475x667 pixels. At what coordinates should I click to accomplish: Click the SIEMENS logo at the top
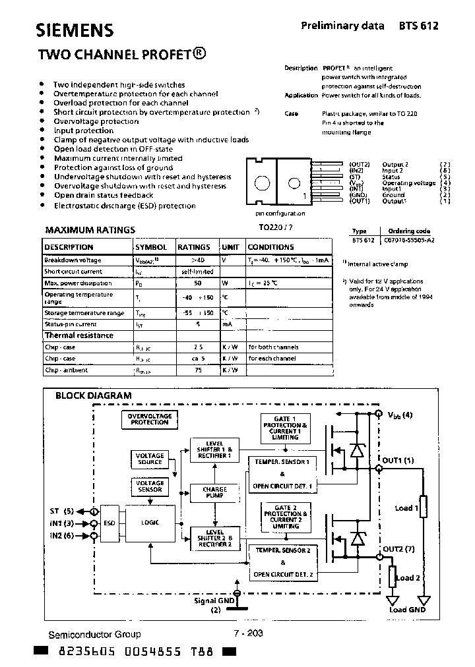(74, 30)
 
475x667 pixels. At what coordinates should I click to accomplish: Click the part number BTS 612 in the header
(418, 26)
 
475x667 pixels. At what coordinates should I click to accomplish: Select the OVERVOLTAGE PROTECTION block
(150, 419)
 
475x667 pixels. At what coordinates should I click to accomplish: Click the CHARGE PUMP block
(214, 493)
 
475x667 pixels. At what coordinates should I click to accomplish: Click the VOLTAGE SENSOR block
(150, 487)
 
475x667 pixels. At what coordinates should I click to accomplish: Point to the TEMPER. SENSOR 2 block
(282, 549)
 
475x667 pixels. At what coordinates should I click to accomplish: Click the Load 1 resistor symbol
(424, 507)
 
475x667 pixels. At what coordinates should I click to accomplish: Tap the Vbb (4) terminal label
(399, 415)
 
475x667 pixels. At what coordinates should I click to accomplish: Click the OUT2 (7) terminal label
(399, 548)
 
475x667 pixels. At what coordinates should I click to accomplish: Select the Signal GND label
(215, 600)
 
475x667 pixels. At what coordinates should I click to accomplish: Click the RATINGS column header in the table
(193, 247)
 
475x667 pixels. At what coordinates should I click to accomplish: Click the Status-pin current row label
(71, 324)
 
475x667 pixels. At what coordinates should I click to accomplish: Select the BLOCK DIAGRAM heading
(93, 395)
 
